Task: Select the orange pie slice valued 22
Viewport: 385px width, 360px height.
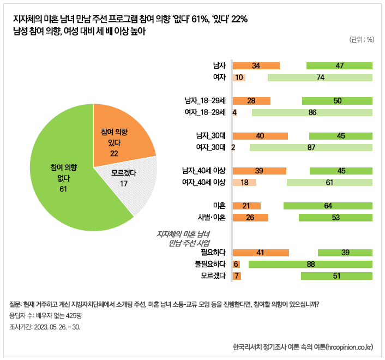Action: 121,136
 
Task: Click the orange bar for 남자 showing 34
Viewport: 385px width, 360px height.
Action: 256,66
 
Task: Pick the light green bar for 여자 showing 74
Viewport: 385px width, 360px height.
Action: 320,77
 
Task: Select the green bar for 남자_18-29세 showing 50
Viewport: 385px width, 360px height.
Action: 337,101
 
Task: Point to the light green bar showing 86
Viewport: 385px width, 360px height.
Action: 312,112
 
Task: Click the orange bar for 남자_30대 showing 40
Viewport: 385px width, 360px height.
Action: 260,136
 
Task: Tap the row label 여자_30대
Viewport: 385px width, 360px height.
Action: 210,147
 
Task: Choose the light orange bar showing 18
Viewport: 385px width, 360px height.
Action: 244,182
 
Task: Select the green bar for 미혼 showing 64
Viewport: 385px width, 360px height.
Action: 328,206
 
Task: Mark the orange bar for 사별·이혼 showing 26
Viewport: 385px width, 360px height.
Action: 251,218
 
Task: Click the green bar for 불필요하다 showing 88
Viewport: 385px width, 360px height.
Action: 310,264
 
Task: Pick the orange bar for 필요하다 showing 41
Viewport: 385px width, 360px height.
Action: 261,253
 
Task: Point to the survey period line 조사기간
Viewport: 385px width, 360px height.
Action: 45,327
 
